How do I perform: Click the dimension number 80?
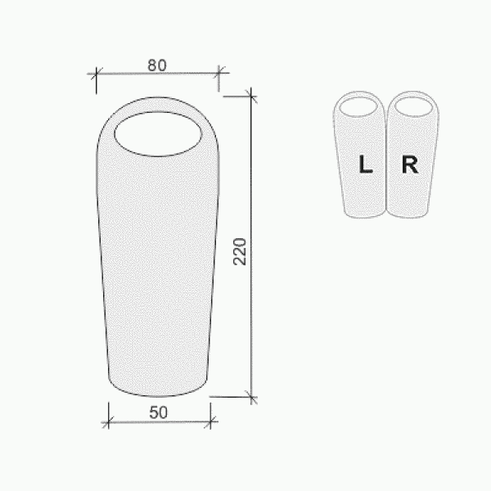click(157, 65)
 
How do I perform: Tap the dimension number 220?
click(240, 252)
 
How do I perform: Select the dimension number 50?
click(159, 412)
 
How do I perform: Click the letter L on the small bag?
click(366, 164)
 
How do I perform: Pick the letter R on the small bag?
click(410, 164)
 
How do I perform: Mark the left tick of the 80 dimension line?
click(96, 74)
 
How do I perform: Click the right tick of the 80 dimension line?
click(218, 74)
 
